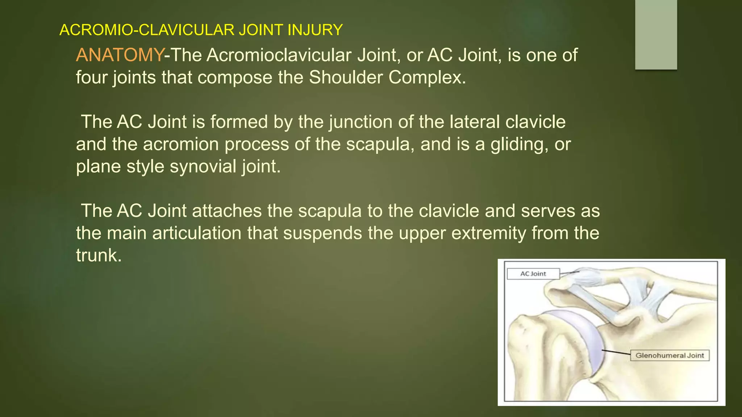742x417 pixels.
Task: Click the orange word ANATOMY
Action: click(120, 55)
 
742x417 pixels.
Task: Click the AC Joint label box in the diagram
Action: click(533, 274)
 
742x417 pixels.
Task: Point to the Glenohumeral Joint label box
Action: click(670, 355)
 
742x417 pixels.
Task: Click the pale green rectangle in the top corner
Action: click(656, 34)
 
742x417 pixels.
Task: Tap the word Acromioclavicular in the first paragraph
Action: click(279, 55)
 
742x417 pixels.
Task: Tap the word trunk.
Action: click(98, 256)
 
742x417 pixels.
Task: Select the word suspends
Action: click(322, 233)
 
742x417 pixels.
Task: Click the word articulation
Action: click(197, 233)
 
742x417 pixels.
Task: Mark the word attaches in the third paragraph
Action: click(226, 211)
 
